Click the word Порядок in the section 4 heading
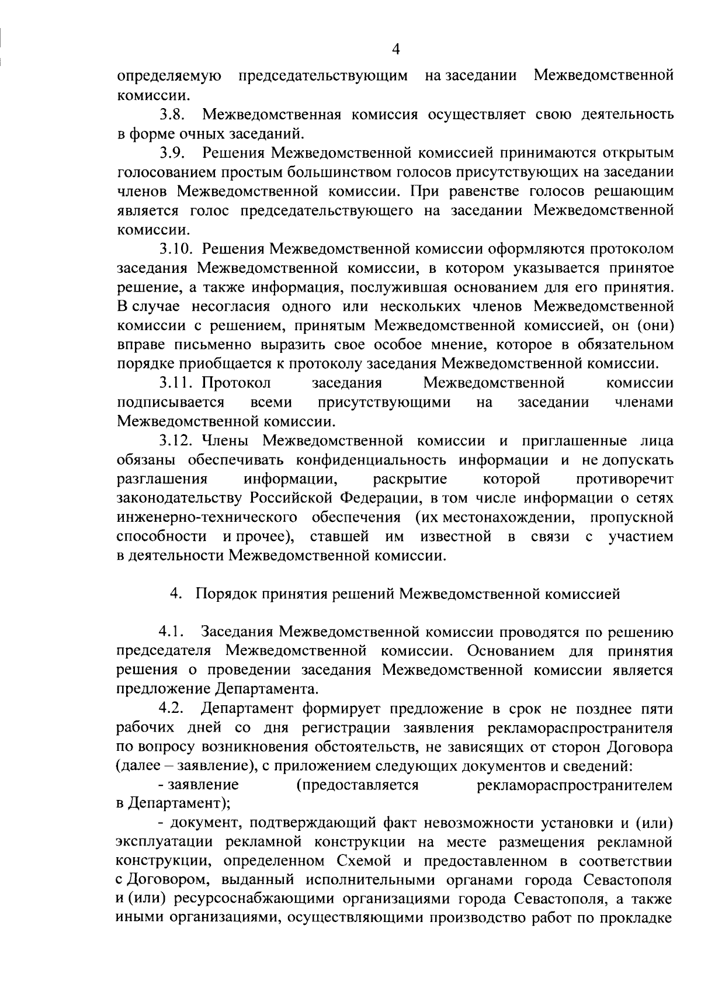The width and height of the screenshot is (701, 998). coord(224,594)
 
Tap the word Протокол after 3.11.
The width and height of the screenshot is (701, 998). coord(237,383)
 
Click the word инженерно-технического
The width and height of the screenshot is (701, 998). coord(207,517)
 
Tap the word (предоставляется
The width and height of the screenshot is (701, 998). coord(358,785)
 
